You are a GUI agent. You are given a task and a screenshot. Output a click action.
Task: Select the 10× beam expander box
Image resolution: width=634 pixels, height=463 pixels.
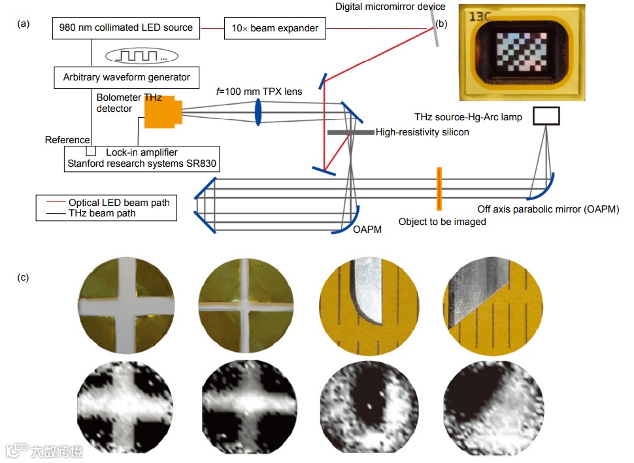pos(275,28)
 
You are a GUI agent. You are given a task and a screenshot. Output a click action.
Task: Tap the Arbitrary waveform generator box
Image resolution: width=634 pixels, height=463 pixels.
pos(126,77)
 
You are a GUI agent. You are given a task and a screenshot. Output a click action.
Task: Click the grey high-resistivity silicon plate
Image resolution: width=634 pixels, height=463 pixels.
pos(350,132)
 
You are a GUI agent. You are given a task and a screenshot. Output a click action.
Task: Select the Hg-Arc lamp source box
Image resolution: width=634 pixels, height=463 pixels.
pos(546,116)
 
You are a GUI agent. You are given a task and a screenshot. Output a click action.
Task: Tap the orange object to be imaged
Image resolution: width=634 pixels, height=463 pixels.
pos(439,189)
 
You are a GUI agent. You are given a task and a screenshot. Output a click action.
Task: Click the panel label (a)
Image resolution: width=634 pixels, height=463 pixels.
pos(24,24)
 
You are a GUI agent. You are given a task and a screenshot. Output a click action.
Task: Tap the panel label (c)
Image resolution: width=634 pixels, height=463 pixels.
pos(24,277)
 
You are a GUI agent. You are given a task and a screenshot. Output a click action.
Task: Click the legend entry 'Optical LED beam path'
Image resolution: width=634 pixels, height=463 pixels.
pos(119,203)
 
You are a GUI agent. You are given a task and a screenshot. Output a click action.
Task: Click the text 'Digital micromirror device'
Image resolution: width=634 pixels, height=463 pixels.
pos(390,7)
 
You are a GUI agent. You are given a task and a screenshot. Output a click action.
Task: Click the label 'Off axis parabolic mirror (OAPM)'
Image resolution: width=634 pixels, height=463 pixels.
pos(548,209)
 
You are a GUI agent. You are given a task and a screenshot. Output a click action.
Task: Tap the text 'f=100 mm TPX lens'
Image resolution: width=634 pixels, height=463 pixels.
pos(260,91)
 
